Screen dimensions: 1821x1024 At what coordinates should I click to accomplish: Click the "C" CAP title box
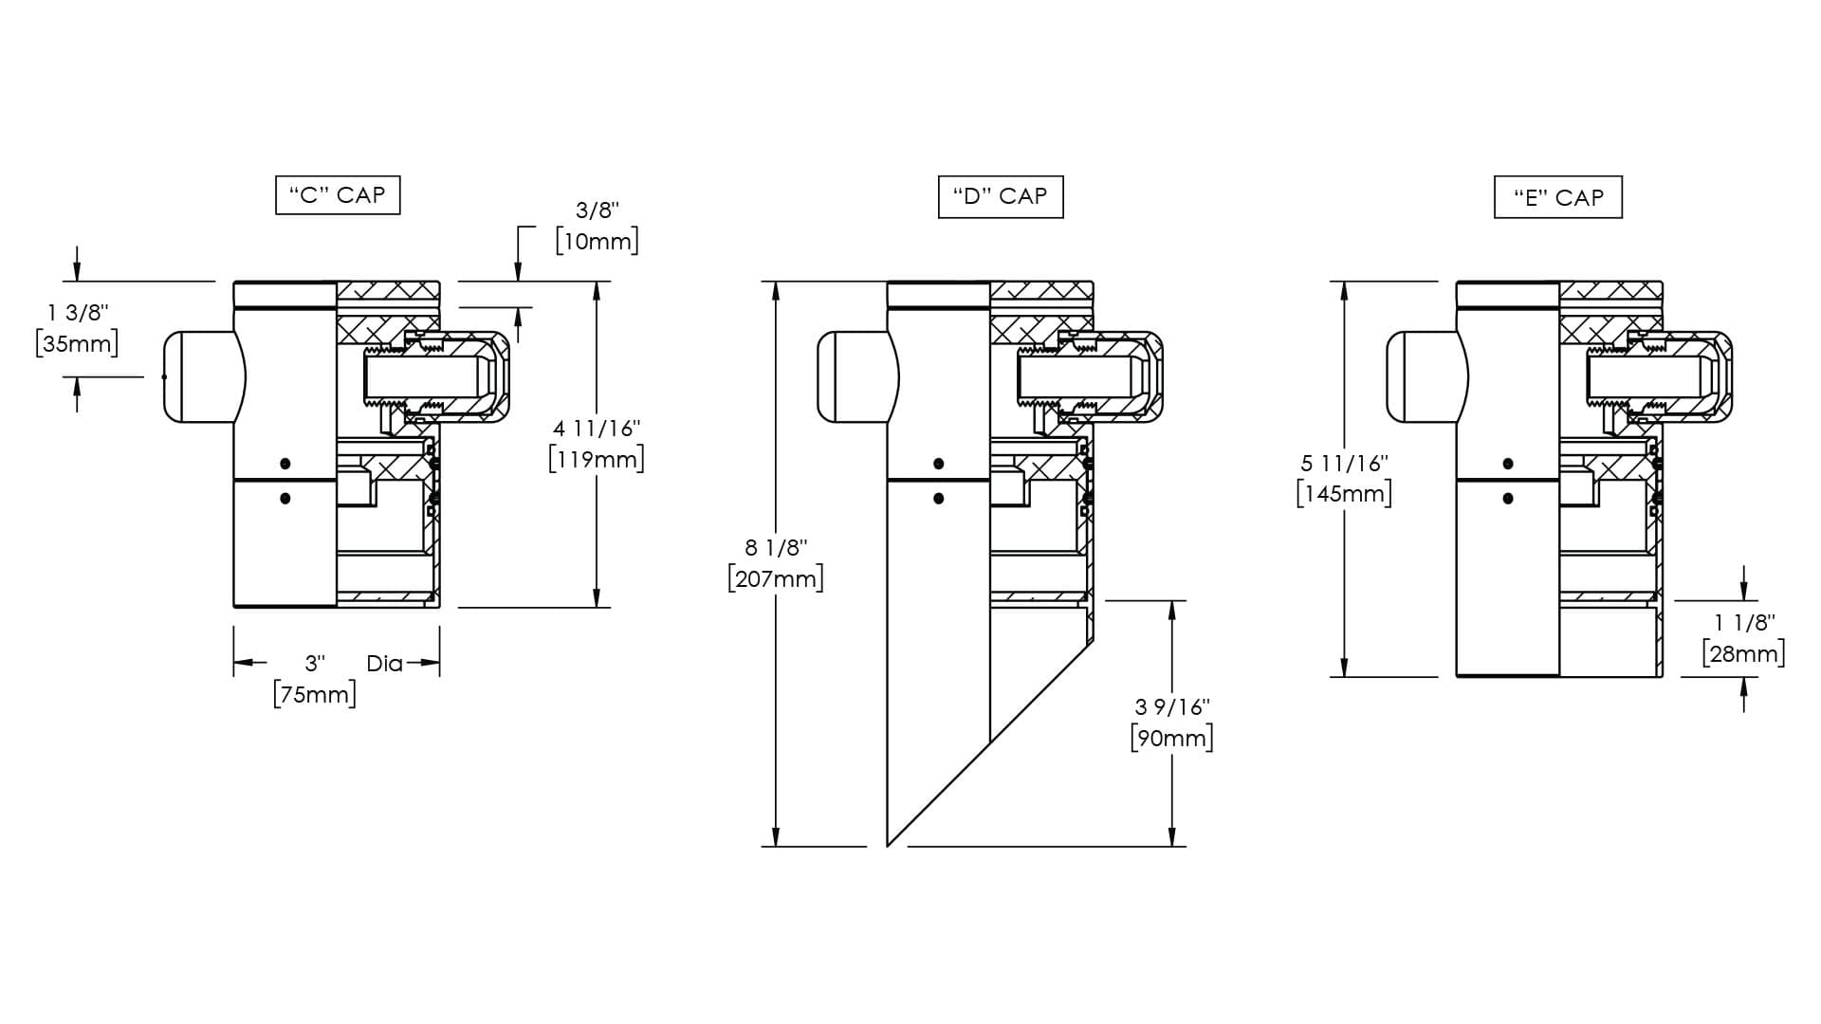click(338, 195)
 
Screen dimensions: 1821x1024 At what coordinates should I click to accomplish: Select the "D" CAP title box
click(1001, 196)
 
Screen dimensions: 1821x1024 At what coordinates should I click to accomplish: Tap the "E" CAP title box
click(1558, 197)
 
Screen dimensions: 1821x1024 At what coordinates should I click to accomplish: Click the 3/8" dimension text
click(598, 210)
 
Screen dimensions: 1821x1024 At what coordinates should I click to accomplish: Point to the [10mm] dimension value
click(598, 241)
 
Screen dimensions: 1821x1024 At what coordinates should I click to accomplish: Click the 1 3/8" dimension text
click(79, 312)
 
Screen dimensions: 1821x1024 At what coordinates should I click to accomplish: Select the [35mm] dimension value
click(77, 342)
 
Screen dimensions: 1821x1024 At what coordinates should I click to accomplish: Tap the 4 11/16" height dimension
click(598, 429)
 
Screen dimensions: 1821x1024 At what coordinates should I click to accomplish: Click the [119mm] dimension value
click(598, 459)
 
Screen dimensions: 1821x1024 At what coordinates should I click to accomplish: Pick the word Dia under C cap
click(384, 664)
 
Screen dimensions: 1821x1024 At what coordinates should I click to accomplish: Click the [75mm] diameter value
click(315, 694)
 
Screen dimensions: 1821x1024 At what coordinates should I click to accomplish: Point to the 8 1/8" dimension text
click(776, 547)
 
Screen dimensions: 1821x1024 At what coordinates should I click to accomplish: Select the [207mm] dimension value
click(776, 577)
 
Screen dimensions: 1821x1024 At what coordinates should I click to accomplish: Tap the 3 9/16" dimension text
click(1172, 707)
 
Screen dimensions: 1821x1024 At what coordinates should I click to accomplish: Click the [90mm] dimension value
click(1172, 738)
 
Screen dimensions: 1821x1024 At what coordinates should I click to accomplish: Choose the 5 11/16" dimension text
click(1345, 464)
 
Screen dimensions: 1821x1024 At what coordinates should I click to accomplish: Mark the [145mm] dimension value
click(1345, 494)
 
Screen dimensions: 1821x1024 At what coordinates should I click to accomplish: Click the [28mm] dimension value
click(1744, 654)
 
